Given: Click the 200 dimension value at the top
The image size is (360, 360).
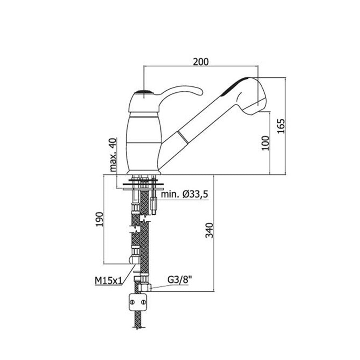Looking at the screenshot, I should [x=200, y=61].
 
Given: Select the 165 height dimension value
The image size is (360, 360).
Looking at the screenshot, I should [x=282, y=126].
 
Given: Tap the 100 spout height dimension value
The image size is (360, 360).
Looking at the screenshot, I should [x=265, y=143].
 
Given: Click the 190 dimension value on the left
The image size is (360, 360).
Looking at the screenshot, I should [x=100, y=219].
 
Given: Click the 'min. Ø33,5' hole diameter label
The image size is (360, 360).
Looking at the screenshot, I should [x=184, y=195].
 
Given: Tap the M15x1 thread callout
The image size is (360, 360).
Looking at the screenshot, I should [x=108, y=281].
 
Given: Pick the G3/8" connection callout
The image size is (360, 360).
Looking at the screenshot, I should [x=180, y=280].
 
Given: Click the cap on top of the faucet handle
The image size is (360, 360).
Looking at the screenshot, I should [x=144, y=92].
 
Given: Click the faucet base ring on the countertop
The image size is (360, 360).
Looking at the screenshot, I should [x=144, y=172].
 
